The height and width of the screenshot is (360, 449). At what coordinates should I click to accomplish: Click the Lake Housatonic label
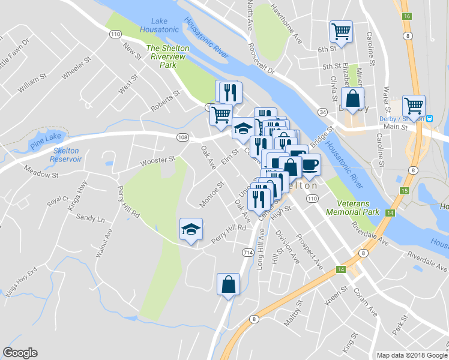click(x=159, y=25)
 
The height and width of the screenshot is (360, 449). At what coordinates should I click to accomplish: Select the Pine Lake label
click(x=45, y=137)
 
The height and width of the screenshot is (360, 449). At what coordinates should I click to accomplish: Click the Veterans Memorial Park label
click(x=352, y=208)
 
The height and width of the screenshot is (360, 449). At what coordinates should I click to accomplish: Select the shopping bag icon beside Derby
click(x=352, y=98)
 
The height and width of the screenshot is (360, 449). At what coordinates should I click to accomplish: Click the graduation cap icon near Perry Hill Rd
click(x=191, y=229)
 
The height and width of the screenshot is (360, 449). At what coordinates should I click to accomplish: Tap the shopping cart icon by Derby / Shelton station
click(x=414, y=106)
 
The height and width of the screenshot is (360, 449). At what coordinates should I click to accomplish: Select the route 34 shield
click(x=322, y=112)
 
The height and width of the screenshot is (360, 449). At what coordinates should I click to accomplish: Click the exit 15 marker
click(x=405, y=190)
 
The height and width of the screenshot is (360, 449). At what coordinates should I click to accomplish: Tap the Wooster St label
click(x=157, y=161)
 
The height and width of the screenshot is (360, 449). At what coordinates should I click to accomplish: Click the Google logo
click(x=20, y=353)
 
